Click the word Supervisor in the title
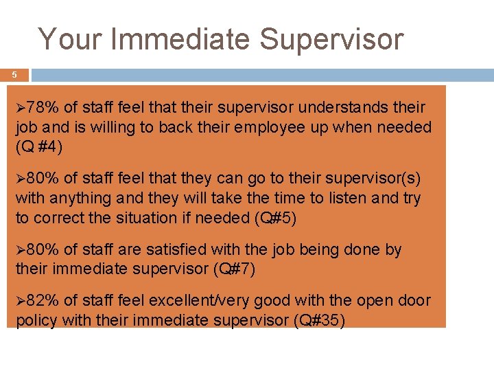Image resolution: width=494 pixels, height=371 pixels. pos(331,40)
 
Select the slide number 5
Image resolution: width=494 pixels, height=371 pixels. pos(14,74)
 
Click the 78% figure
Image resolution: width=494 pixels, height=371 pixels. pos(43,108)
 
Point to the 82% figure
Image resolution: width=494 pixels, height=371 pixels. pos(43,300)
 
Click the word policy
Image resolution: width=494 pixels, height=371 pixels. pos(34,319)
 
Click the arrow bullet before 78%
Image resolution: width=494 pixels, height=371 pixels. pos(21,108)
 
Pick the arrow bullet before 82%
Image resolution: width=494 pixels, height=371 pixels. pos(21,300)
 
